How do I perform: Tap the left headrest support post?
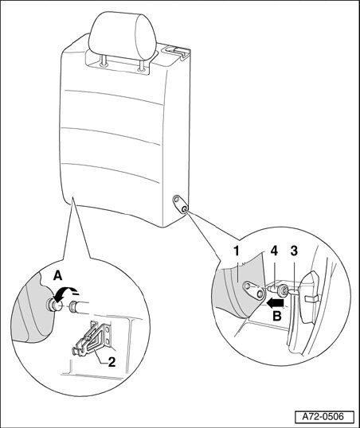pos(104,61)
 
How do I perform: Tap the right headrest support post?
pos(141,66)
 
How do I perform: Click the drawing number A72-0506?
pos(324,417)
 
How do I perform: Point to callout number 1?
pos(237,251)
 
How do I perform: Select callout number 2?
pos(112,363)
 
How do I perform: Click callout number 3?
pos(294,251)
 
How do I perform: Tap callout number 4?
pos(274,251)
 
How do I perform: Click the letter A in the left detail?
pos(57,276)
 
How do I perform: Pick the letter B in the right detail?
pos(277,316)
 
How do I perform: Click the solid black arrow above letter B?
pos(276,302)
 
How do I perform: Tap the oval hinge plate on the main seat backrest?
pos(180,204)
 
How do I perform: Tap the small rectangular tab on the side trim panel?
pos(311,299)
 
